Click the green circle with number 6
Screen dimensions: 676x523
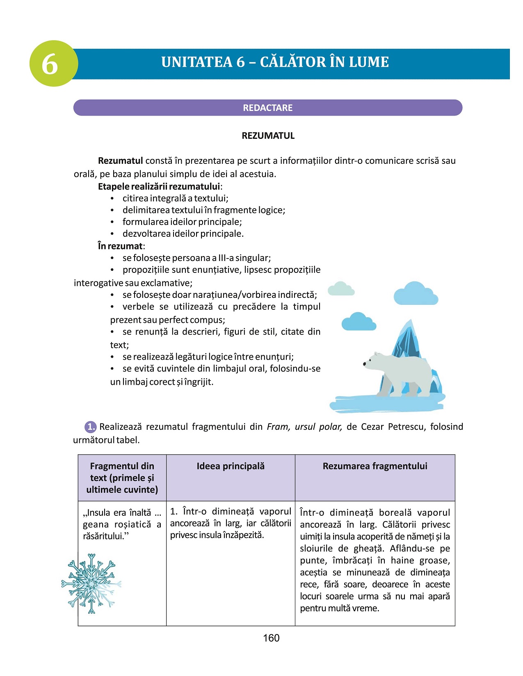(53, 64)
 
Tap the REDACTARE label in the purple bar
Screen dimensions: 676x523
(267, 108)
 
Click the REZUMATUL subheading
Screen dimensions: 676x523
(268, 136)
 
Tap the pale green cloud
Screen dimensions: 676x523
(341, 288)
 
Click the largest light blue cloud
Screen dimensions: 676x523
(415, 293)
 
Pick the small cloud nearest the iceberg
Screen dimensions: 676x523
(359, 322)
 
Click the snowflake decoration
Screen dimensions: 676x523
(91, 583)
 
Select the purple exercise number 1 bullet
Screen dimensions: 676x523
(90, 427)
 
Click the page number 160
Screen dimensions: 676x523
(271, 638)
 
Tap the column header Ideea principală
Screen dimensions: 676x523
(231, 466)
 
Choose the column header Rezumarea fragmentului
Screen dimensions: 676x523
(375, 466)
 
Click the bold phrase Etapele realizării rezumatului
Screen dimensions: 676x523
(159, 187)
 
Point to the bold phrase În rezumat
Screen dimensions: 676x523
(120, 246)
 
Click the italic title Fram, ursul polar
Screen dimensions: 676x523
(304, 427)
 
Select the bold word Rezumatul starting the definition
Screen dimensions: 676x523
(121, 161)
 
